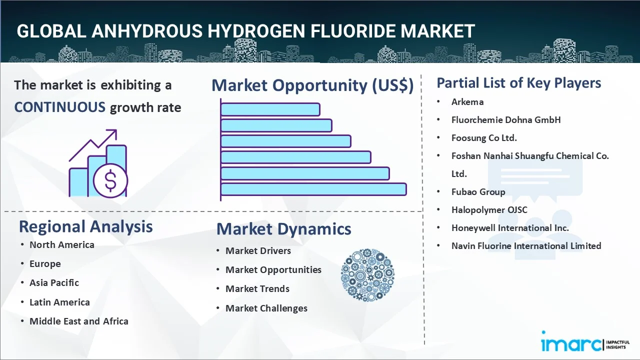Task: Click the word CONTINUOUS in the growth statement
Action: [59, 107]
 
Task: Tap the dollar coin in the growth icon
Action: [110, 181]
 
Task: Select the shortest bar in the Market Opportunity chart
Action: [270, 109]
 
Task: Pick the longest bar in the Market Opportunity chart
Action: [313, 189]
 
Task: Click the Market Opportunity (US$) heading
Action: [312, 85]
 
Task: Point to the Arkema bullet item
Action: [467, 102]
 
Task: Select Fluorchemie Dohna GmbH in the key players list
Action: [506, 120]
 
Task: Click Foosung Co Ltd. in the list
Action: [484, 138]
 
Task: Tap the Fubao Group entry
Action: [478, 192]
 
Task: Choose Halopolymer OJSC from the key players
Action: [489, 210]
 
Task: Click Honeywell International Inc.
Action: [510, 228]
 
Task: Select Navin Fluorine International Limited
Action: [526, 246]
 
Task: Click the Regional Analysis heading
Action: [85, 226]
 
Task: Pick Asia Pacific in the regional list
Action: [54, 283]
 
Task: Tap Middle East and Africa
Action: [78, 321]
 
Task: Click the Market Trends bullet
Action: [257, 289]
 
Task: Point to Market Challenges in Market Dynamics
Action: [266, 308]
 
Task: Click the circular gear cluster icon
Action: [367, 275]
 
